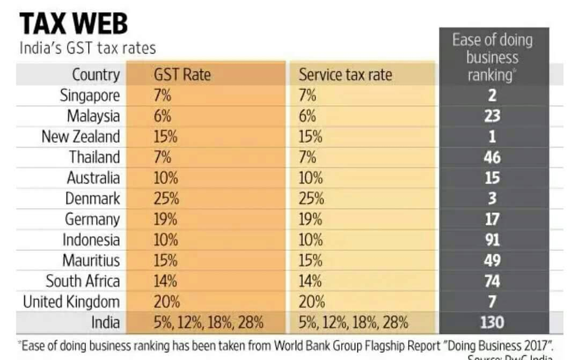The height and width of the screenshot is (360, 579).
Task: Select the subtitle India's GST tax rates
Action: (87, 48)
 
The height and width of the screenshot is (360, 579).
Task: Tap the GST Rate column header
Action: (182, 75)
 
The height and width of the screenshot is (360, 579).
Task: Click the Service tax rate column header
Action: (345, 75)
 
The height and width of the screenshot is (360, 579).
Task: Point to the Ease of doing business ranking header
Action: (492, 57)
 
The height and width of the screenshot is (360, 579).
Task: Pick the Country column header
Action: (96, 75)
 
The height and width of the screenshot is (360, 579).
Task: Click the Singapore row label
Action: (90, 95)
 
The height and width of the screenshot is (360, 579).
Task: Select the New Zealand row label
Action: (80, 136)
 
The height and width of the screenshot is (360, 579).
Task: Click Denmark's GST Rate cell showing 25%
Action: (166, 199)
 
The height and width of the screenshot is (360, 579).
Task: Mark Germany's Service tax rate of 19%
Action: (311, 219)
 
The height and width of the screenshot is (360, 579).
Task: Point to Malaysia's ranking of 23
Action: (492, 116)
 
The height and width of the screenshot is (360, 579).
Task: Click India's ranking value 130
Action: (492, 322)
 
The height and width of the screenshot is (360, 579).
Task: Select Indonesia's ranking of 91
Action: (492, 239)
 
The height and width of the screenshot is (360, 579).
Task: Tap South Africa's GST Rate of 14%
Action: (166, 281)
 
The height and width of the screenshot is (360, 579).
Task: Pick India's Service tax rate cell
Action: (353, 322)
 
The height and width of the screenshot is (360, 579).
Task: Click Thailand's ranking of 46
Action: (492, 157)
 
